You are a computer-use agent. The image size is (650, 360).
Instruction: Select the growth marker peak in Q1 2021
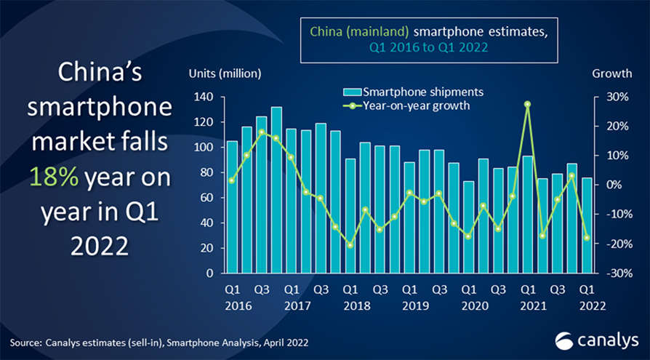[x=527, y=104]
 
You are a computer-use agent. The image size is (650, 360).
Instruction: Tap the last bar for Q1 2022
[x=587, y=225]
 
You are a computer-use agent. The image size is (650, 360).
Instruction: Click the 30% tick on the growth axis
[x=609, y=97]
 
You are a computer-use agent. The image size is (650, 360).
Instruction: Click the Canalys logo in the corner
[x=596, y=340]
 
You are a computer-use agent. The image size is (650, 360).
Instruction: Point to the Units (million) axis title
[x=225, y=73]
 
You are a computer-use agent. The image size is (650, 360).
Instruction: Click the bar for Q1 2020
[x=468, y=228]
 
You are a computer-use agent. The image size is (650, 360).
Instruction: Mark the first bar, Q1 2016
[x=232, y=207]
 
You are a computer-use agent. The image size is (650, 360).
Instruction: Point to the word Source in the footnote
[x=26, y=341]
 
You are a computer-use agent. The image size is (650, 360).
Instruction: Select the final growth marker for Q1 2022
[x=587, y=237]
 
